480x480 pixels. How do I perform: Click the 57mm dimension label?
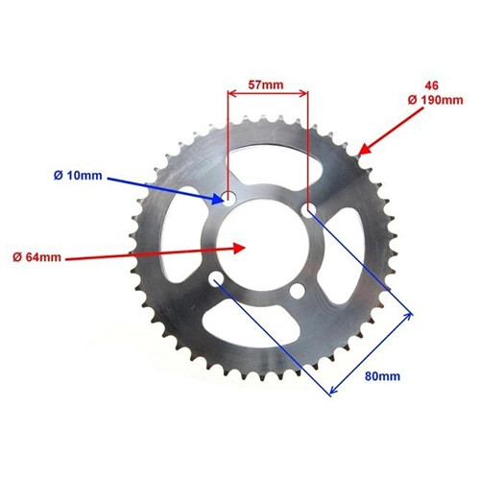pyautogui.click(x=266, y=85)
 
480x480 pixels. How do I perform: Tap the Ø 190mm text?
pyautogui.click(x=435, y=100)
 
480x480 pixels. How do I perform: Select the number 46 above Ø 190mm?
pyautogui.click(x=431, y=85)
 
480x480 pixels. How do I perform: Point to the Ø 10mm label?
pyautogui.click(x=78, y=176)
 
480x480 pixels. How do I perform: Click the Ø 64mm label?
pyautogui.click(x=36, y=257)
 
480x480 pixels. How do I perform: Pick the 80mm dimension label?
pyautogui.click(x=382, y=376)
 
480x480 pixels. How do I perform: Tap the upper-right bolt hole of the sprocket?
pyautogui.click(x=308, y=210)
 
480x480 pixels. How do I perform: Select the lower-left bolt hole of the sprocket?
pyautogui.click(x=217, y=279)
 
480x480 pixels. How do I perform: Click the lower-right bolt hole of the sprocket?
pyautogui.click(x=298, y=291)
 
